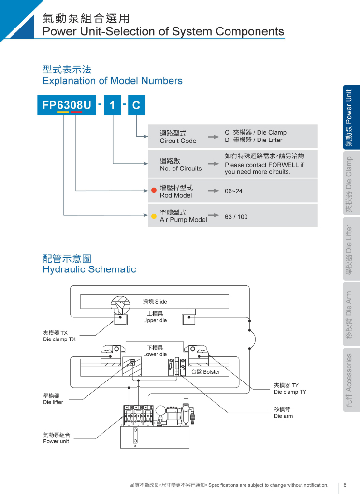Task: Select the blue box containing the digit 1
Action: click(112, 105)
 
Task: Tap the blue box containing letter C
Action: click(136, 105)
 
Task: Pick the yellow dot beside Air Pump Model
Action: click(154, 216)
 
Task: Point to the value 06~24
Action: click(233, 191)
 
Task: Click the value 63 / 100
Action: click(236, 217)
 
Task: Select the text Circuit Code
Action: click(178, 141)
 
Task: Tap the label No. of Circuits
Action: click(181, 169)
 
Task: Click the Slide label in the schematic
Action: click(155, 302)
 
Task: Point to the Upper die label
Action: click(155, 320)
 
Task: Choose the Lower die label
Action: click(155, 354)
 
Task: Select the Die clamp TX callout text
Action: click(59, 339)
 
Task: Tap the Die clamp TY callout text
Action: click(290, 392)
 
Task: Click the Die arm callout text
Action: click(283, 416)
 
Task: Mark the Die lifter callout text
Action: click(53, 402)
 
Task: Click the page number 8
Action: click(345, 485)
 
